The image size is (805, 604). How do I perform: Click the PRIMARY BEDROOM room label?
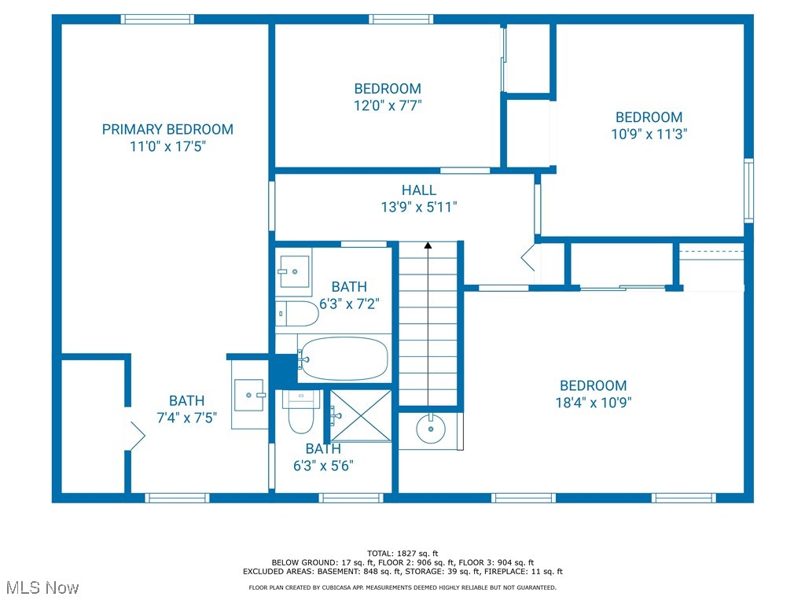click(167, 129)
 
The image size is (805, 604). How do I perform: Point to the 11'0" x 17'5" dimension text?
click(167, 146)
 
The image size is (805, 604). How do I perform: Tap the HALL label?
click(419, 190)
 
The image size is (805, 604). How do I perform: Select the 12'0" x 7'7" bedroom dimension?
click(388, 105)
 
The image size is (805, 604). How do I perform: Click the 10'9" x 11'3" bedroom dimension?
click(649, 134)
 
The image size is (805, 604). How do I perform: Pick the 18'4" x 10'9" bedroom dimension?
click(594, 402)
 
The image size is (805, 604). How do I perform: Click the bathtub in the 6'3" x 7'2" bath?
click(344, 359)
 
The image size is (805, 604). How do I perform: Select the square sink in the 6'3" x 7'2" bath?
click(293, 271)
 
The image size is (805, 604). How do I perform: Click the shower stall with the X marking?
click(360, 415)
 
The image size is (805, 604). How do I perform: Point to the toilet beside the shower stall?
click(300, 413)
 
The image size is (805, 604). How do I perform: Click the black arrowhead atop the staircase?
click(428, 245)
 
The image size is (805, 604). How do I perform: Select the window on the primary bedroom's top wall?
click(157, 20)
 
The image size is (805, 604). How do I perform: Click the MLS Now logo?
click(42, 587)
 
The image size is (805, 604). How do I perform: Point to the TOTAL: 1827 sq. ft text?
click(402, 553)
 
